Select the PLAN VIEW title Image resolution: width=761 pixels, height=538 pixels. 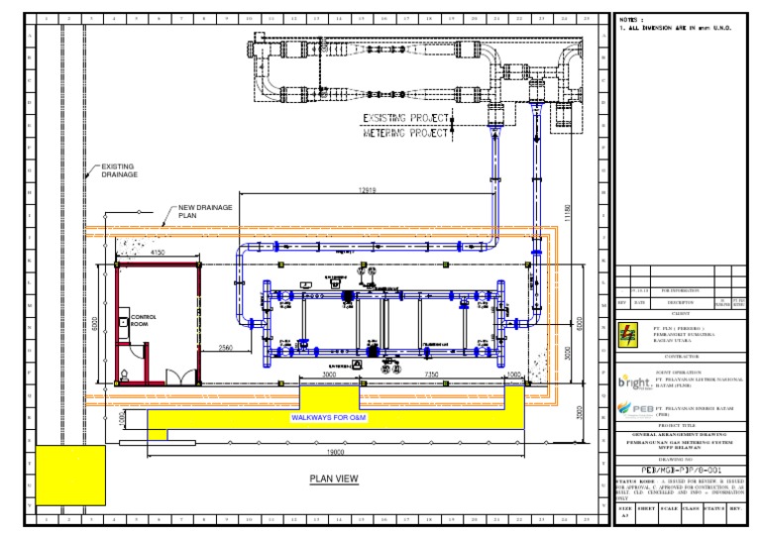pos(334,479)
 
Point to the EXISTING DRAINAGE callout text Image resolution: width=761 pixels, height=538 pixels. pos(117,170)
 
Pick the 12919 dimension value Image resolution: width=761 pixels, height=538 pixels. pos(368,190)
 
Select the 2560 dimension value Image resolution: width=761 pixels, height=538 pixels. pos(227,348)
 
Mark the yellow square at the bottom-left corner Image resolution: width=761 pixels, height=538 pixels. pos(70,476)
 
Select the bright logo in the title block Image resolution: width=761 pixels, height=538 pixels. pos(634,380)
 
